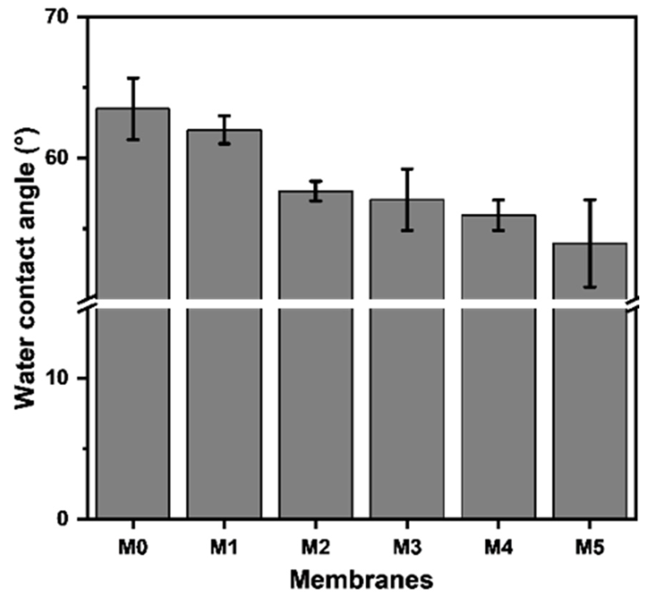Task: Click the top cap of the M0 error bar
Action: (133, 78)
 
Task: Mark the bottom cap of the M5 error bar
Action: (590, 287)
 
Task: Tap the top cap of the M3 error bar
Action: (407, 169)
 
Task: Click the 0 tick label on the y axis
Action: (63, 519)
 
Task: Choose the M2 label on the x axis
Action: (316, 547)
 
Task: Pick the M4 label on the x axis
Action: (498, 547)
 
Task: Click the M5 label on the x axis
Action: (590, 547)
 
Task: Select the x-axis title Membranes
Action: (361, 580)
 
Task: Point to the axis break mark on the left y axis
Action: (88, 303)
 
